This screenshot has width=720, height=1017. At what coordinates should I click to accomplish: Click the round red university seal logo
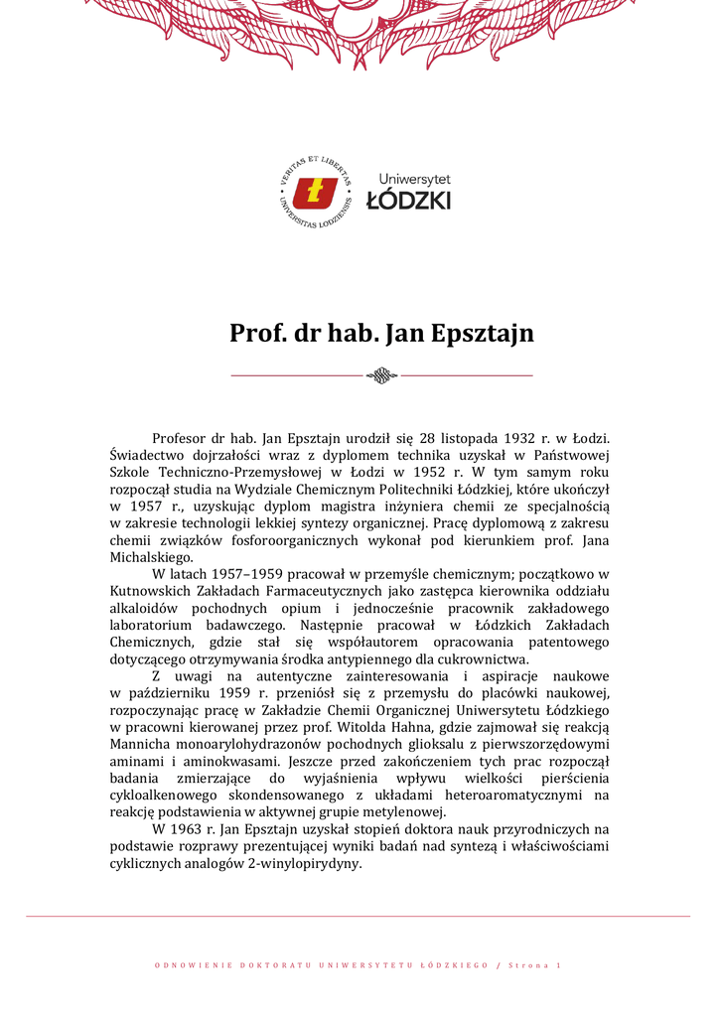(316, 192)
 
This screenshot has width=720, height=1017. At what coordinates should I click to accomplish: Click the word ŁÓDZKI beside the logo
(408, 200)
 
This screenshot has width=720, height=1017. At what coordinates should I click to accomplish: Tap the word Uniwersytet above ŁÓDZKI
(414, 179)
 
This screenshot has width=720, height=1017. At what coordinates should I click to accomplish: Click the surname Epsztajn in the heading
(483, 333)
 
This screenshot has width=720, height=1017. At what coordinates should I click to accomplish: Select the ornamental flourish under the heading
(381, 374)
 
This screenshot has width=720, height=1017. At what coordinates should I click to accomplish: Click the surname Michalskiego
(151, 556)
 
